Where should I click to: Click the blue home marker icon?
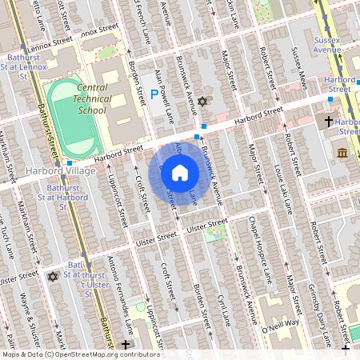point(179,173)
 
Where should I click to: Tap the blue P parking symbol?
point(154,94)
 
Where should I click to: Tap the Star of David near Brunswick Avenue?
point(202,102)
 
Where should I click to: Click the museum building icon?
point(342,152)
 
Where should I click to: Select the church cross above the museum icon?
point(328,122)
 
